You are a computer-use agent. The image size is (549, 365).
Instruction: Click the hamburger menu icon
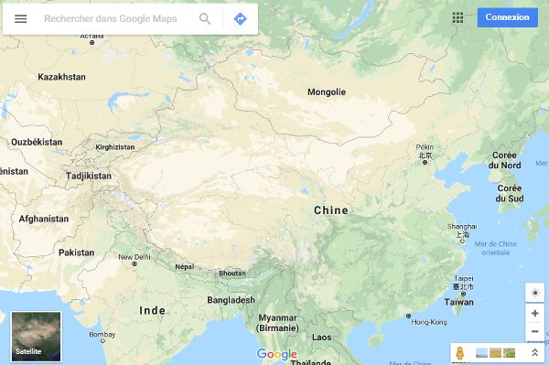click(x=20, y=18)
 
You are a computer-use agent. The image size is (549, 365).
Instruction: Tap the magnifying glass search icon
click(x=205, y=18)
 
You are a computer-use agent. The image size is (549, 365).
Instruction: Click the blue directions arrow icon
click(x=240, y=18)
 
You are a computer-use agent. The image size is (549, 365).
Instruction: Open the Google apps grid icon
click(x=457, y=17)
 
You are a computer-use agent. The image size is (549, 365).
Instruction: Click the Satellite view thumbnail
click(x=36, y=336)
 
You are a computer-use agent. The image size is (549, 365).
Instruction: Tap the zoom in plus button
click(x=535, y=313)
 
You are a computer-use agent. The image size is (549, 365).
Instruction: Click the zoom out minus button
click(x=535, y=331)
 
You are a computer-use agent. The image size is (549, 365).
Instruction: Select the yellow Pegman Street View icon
click(x=460, y=352)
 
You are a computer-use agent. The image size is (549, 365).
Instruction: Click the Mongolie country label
click(x=327, y=91)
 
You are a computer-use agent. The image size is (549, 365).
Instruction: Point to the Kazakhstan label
click(x=61, y=77)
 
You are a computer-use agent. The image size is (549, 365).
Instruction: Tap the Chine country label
click(x=331, y=210)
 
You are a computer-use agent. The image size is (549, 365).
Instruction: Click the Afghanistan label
click(x=43, y=219)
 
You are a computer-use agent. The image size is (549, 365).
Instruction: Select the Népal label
click(x=185, y=266)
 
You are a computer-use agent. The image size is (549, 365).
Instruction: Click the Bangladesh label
click(x=231, y=300)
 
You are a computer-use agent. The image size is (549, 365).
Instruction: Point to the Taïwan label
click(x=459, y=302)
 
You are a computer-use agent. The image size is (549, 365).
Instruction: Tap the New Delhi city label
click(x=134, y=257)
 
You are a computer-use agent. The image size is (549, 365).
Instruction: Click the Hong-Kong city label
click(x=429, y=322)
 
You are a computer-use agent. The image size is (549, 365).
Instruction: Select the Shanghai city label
click(x=462, y=226)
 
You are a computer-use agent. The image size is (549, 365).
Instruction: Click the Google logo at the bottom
click(x=277, y=354)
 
